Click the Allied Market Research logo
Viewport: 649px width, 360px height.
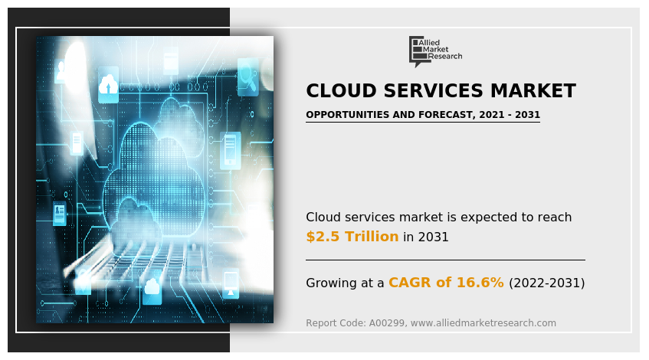click(435, 51)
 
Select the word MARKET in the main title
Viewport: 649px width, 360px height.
click(533, 90)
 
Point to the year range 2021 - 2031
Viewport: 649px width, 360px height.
click(510, 115)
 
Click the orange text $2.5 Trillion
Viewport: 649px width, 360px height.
click(352, 236)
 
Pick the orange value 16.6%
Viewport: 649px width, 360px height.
click(480, 282)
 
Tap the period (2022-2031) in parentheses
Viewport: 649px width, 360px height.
click(547, 283)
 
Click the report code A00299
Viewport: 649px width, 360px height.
click(387, 322)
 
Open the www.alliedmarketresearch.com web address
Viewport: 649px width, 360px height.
click(483, 322)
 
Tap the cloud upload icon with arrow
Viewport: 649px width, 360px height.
click(108, 85)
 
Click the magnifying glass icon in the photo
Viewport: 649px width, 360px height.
click(247, 77)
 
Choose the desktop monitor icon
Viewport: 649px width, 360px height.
click(231, 283)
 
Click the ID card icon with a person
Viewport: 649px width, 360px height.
click(60, 213)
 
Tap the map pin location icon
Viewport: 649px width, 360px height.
click(84, 281)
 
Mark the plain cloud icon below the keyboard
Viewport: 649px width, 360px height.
click(152, 286)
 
